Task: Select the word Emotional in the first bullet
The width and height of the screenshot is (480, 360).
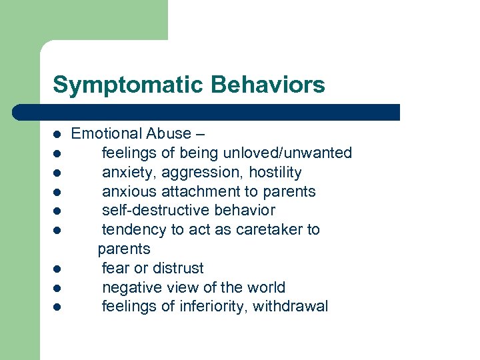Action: [104, 133]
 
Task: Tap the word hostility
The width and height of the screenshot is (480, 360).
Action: [275, 172]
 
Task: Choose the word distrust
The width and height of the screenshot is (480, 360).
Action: [179, 268]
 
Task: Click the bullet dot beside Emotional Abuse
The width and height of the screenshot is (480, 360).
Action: [59, 134]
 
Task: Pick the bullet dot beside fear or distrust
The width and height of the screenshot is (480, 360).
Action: [59, 269]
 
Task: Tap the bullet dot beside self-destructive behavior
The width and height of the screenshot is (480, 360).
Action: [59, 211]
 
